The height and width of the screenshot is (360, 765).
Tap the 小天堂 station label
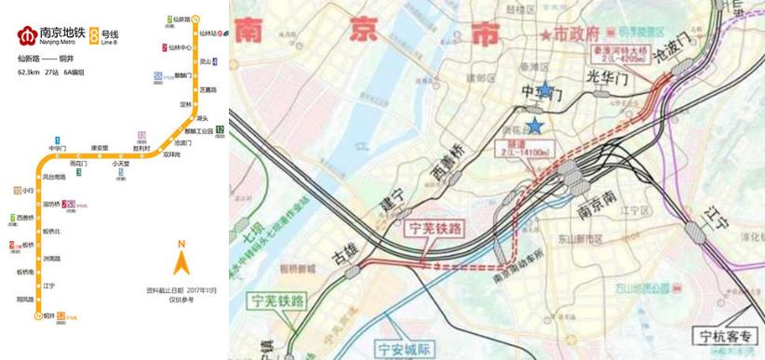(x=120, y=164)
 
